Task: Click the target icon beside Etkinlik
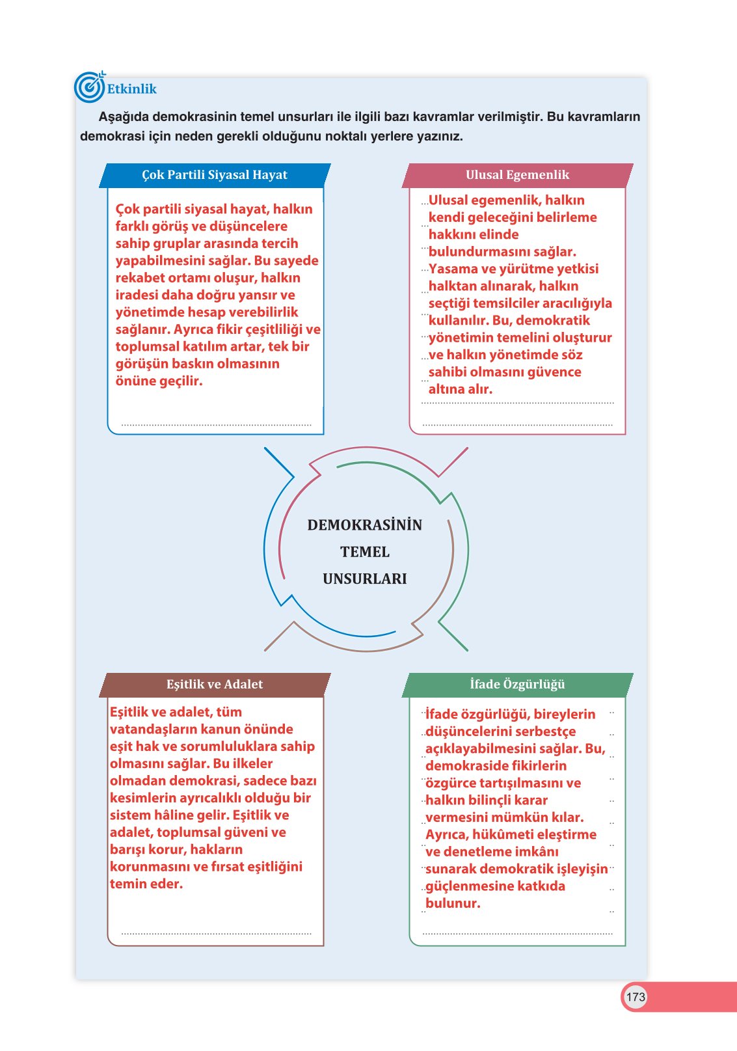(x=90, y=87)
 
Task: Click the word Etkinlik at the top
(x=132, y=89)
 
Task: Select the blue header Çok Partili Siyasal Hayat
(x=215, y=176)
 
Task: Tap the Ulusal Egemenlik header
(x=517, y=176)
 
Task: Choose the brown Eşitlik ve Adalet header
(x=215, y=685)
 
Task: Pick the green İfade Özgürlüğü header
(x=517, y=685)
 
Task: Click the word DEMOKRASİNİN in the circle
(x=365, y=525)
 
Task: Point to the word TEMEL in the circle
(x=365, y=553)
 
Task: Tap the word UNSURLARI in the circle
(x=365, y=579)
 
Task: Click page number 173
(x=636, y=997)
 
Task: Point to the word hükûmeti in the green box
(x=504, y=835)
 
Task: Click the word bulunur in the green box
(x=453, y=903)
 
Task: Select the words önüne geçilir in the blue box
(x=159, y=381)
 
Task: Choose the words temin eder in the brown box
(x=146, y=884)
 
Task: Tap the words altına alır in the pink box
(x=460, y=389)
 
